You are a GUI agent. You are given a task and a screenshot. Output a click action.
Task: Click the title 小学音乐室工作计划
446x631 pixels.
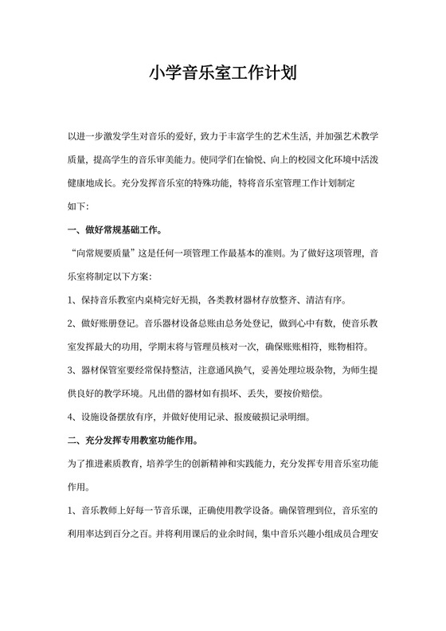click(223, 74)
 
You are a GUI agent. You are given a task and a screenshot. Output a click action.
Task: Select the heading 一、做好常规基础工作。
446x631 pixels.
click(115, 232)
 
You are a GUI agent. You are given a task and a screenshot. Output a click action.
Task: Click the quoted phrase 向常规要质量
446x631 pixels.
click(104, 255)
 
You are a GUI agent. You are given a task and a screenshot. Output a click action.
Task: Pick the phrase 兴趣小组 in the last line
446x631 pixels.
click(307, 531)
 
